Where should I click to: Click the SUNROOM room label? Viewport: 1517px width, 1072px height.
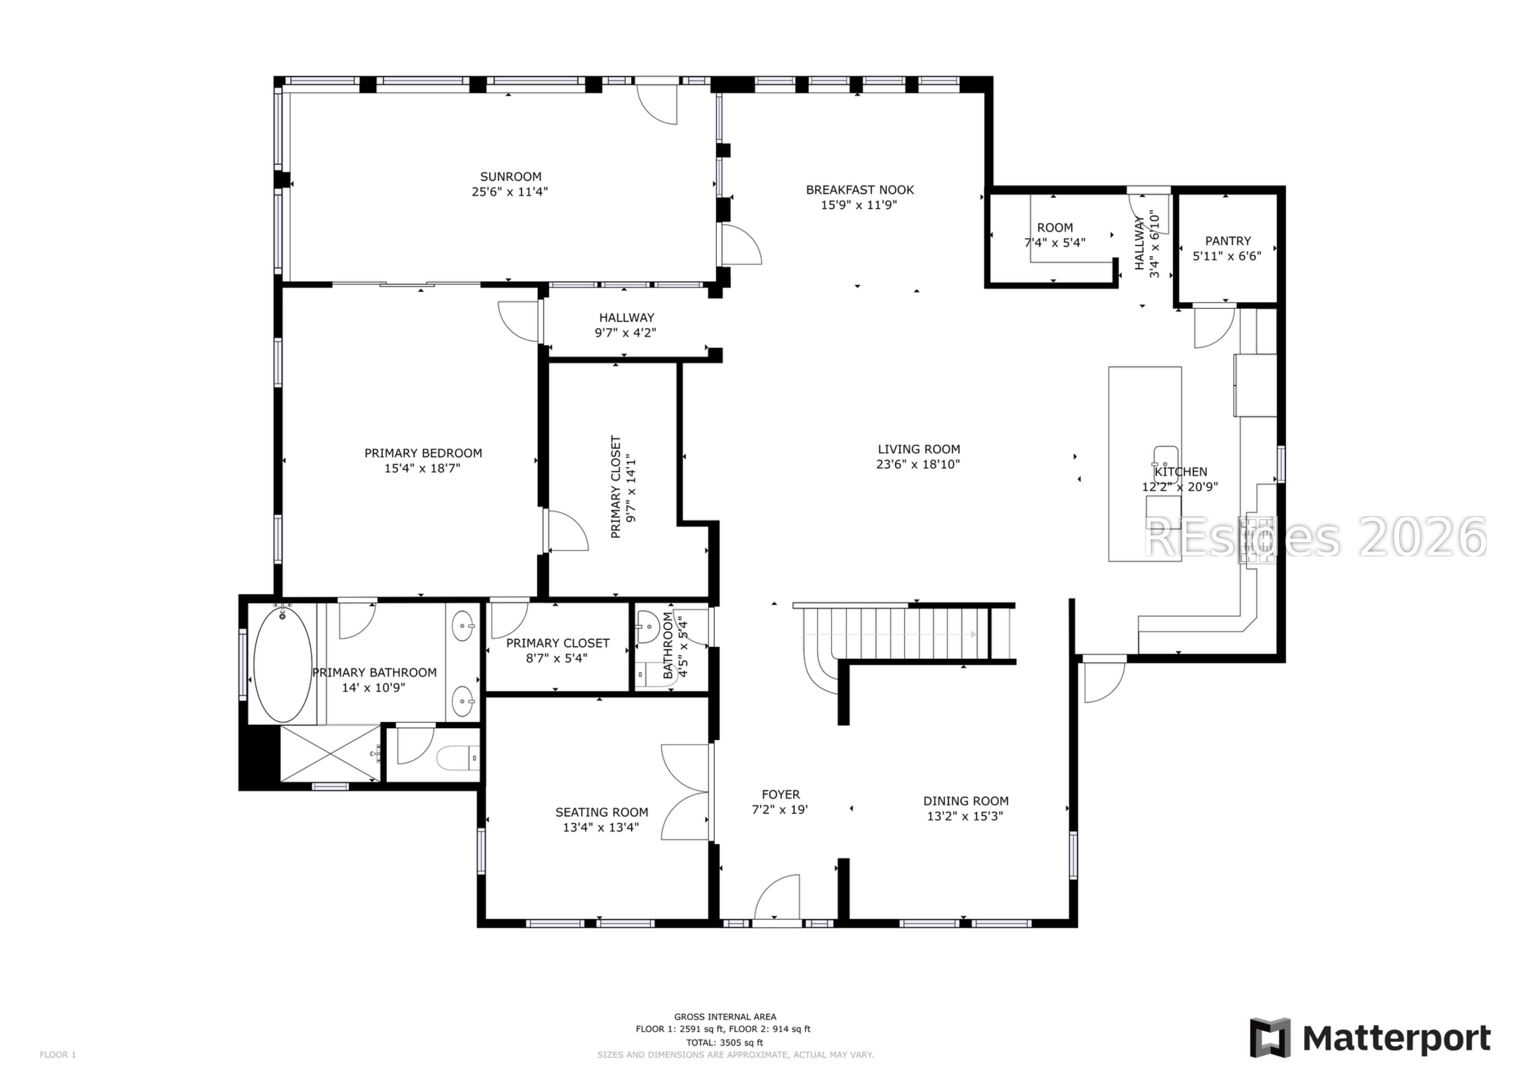[510, 176]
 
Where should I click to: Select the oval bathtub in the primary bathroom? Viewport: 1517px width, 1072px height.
[283, 665]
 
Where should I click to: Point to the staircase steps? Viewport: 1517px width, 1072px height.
[905, 633]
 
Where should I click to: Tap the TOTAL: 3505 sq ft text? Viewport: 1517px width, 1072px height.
[724, 1042]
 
